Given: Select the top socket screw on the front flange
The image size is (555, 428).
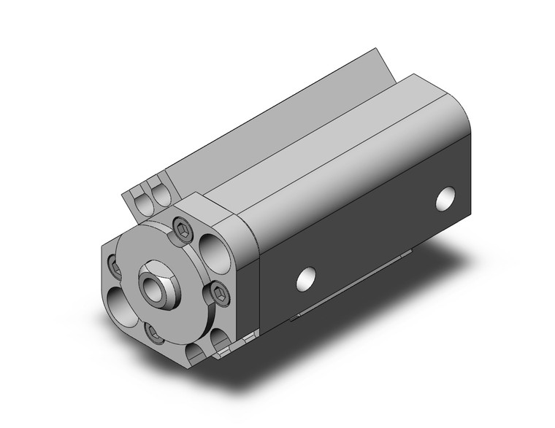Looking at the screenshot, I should pos(181,230).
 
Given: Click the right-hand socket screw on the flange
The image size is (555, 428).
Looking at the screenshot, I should pos(219,295).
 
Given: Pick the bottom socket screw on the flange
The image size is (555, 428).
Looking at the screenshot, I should pos(154,332).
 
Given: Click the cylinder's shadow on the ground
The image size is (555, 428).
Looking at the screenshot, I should pos(409,306).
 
